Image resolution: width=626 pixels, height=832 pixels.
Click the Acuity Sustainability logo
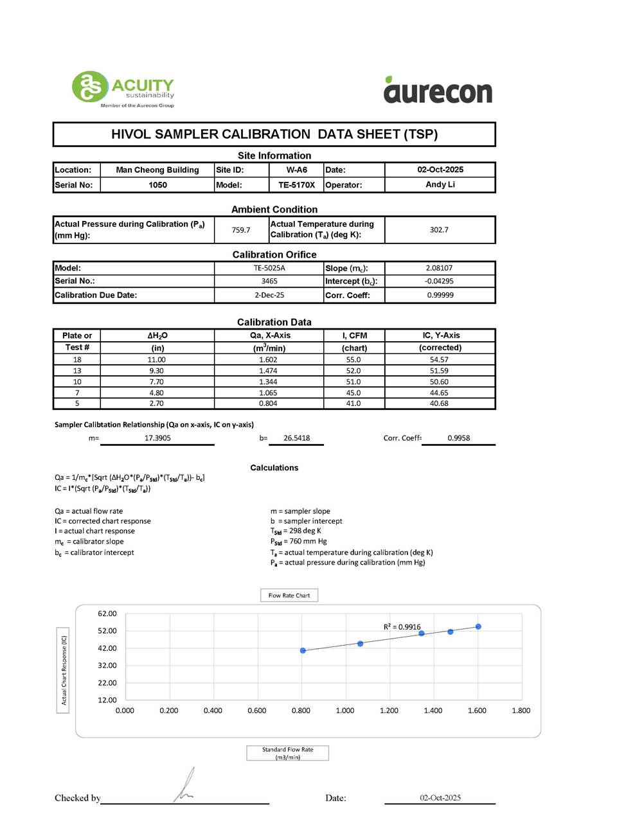123,89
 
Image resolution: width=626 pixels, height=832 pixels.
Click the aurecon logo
438,91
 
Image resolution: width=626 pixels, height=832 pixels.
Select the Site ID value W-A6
296,170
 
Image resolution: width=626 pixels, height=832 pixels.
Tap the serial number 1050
157,185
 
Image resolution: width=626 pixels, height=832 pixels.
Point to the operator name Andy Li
440,184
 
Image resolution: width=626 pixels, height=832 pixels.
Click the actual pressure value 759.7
241,230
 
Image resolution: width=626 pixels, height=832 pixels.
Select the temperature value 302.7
439,230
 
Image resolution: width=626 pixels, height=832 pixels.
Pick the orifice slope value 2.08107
439,268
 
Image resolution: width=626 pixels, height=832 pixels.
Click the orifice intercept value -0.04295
439,281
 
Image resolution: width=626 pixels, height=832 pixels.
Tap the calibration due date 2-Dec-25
269,296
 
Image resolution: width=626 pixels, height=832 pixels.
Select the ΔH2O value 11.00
157,360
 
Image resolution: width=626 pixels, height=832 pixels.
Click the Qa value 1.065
268,393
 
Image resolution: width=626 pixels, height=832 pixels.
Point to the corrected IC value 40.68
439,403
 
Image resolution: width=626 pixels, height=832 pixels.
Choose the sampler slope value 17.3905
157,438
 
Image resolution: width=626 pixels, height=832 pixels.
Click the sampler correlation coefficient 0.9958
458,438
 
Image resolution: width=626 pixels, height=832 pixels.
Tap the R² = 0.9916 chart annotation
402,627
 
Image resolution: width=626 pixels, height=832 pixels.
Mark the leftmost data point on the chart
303,651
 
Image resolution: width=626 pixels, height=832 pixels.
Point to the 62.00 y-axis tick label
107,614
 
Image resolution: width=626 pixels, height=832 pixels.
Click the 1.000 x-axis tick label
345,711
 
